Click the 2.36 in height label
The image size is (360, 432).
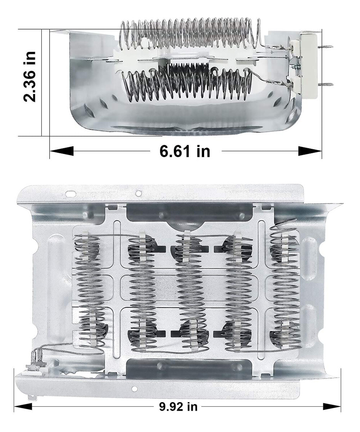point(30,77)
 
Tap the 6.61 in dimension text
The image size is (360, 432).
point(185,151)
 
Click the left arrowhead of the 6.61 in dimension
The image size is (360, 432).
point(62,151)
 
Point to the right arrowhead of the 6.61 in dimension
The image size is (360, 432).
point(310,151)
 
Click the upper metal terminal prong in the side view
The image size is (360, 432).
point(325,47)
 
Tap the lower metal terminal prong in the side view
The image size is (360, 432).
point(325,84)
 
